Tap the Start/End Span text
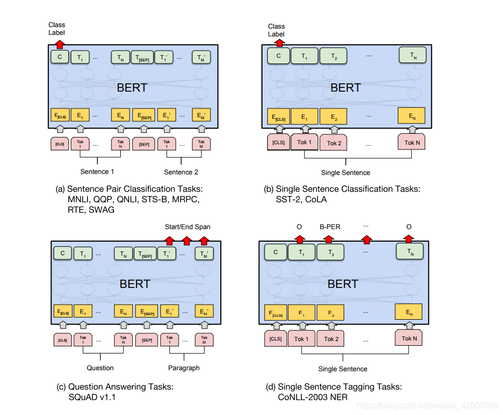[187, 227]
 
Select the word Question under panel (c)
[100, 368]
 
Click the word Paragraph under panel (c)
[184, 368]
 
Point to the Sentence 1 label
[97, 171]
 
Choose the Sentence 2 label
[181, 172]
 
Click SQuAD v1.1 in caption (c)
[94, 397]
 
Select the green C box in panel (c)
[62, 254]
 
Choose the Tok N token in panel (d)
[409, 338]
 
